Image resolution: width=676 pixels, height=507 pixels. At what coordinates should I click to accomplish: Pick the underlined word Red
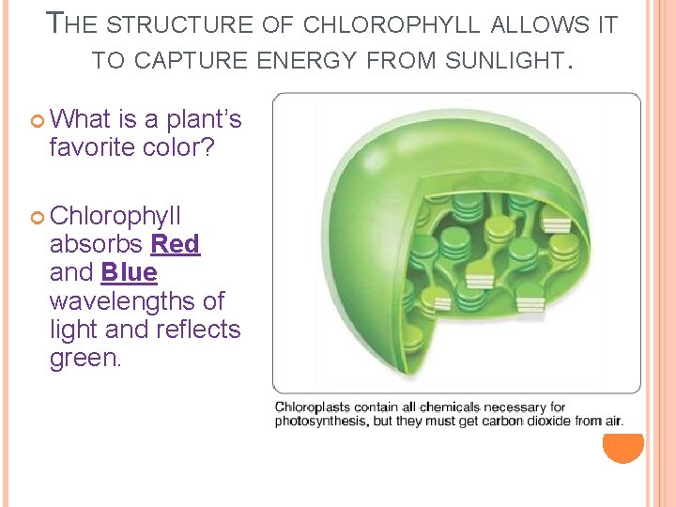pos(176,244)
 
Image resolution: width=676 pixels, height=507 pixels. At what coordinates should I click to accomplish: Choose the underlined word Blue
pos(129,272)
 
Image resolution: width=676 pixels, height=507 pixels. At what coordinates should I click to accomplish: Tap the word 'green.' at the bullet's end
pos(84,359)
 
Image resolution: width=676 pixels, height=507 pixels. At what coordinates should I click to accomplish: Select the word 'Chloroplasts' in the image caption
pos(311,407)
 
